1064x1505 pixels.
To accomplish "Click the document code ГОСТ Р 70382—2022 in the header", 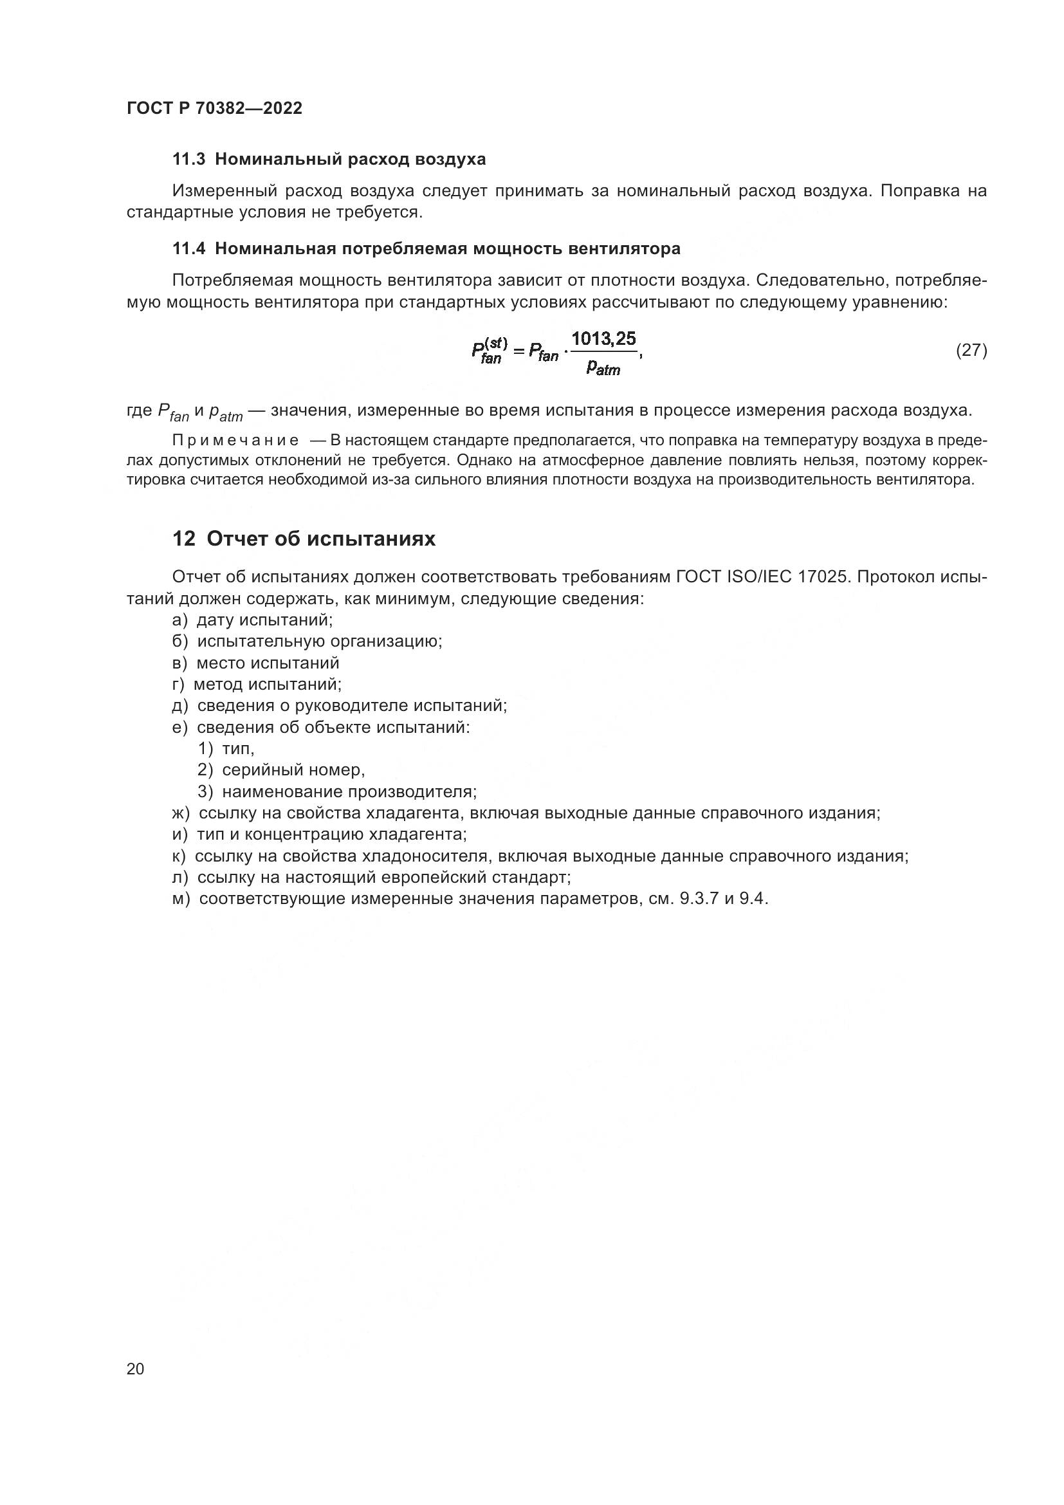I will (x=214, y=108).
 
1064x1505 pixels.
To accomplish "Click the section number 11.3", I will (x=188, y=160).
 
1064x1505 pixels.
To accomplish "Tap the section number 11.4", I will (x=188, y=248).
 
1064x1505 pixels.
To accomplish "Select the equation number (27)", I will (x=971, y=350).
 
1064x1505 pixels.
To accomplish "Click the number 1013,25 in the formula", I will (x=603, y=339).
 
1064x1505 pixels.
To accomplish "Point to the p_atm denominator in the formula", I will (x=603, y=369).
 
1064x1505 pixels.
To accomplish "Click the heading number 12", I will (x=183, y=539).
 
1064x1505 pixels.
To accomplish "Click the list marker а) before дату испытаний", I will (x=179, y=620).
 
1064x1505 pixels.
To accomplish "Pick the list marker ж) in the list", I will (x=181, y=813).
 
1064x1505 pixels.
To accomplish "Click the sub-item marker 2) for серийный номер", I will (x=206, y=770).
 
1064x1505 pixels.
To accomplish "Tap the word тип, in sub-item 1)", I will (x=238, y=748).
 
